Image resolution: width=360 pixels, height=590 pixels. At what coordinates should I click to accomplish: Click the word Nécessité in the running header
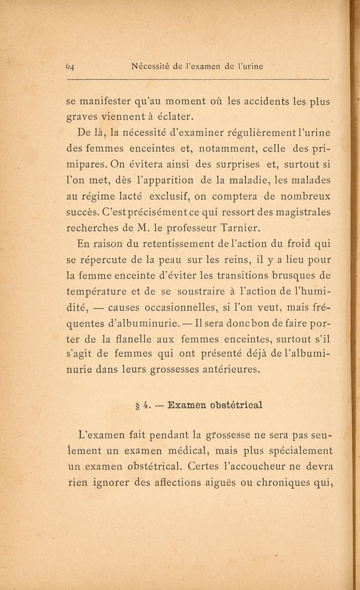click(x=154, y=67)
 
